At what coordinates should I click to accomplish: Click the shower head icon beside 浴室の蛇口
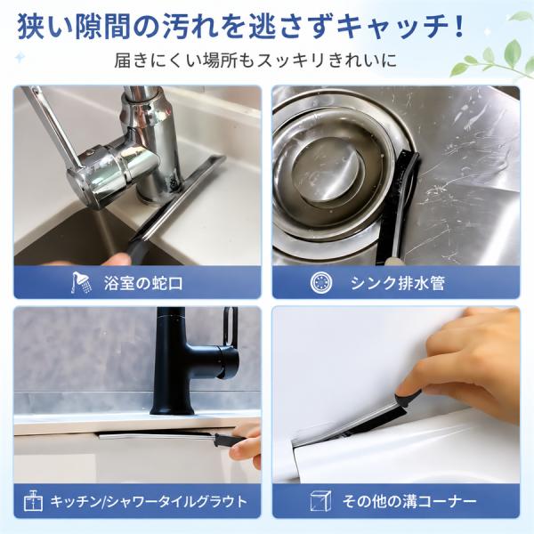tap(81, 282)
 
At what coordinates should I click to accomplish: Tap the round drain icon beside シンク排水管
tap(321, 282)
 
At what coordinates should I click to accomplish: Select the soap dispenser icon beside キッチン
tap(34, 501)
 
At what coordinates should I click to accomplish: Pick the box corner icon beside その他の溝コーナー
tap(320, 501)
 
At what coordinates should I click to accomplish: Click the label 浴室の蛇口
tap(143, 283)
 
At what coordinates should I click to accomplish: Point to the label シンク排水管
tap(398, 283)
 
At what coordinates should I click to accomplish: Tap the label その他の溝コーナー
tap(409, 501)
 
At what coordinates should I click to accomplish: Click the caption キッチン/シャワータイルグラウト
tap(149, 501)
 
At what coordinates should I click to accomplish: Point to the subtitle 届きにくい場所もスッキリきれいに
tap(255, 60)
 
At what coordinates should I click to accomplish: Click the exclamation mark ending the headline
tap(459, 26)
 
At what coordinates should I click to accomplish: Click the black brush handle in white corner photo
tap(408, 399)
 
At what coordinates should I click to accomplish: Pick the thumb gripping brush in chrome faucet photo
tap(117, 260)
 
